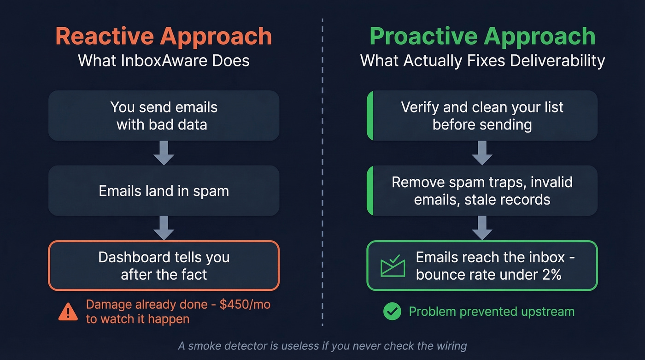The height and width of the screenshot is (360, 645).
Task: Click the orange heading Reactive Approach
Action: (x=164, y=36)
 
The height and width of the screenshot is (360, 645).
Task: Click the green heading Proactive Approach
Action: (x=482, y=36)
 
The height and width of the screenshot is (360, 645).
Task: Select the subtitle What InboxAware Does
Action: (x=164, y=60)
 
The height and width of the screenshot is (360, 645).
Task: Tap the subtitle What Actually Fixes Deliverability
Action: (x=482, y=60)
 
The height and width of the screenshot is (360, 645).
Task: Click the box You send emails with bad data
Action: (x=164, y=116)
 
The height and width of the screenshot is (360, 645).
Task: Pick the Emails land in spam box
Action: (x=164, y=191)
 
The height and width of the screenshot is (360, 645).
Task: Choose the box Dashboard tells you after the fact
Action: (x=164, y=266)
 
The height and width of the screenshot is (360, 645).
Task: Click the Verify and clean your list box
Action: (x=482, y=116)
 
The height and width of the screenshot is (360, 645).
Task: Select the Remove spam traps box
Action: (x=482, y=191)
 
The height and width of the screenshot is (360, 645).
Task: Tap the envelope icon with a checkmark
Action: (x=393, y=266)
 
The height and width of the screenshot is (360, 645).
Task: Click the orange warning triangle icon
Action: (x=68, y=313)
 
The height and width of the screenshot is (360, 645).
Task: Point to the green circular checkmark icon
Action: (x=392, y=312)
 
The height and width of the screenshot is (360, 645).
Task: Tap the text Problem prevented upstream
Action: (x=492, y=312)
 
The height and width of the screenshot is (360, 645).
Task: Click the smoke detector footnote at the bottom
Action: (x=322, y=346)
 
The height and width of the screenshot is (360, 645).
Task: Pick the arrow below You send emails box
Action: (x=164, y=153)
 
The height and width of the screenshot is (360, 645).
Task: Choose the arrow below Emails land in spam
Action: (x=164, y=228)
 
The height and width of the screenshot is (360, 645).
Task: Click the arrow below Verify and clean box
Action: (x=482, y=153)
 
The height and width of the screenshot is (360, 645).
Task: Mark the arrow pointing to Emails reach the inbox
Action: (x=482, y=228)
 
